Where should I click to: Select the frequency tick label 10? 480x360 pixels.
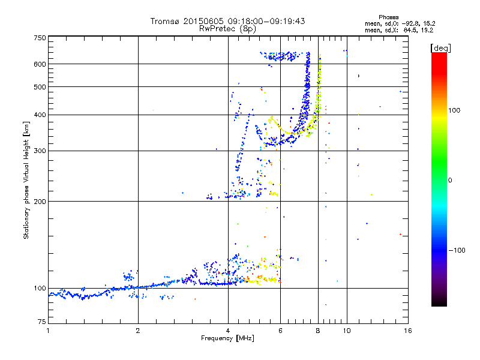pos(347,331)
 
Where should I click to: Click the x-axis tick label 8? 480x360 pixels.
pos(318,331)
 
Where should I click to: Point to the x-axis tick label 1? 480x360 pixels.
pos(48,331)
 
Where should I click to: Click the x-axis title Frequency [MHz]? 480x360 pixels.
pos(227,338)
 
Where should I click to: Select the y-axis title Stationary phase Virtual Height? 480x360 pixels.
pos(26,179)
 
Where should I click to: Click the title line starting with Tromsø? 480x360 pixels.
pos(227,21)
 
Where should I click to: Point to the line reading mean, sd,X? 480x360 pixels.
pos(399,29)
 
